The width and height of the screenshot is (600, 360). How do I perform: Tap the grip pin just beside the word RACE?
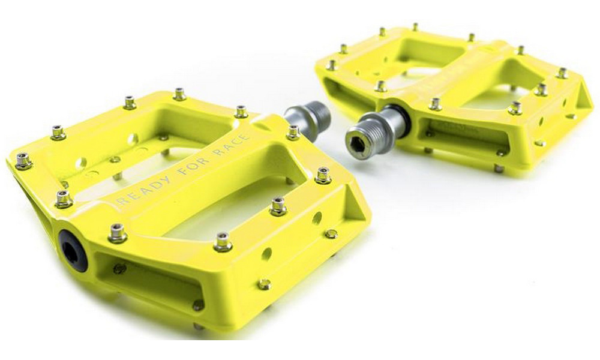point(293,131)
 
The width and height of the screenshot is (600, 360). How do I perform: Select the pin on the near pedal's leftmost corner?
point(23,160)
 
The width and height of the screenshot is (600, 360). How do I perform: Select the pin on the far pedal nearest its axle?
point(380,86)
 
